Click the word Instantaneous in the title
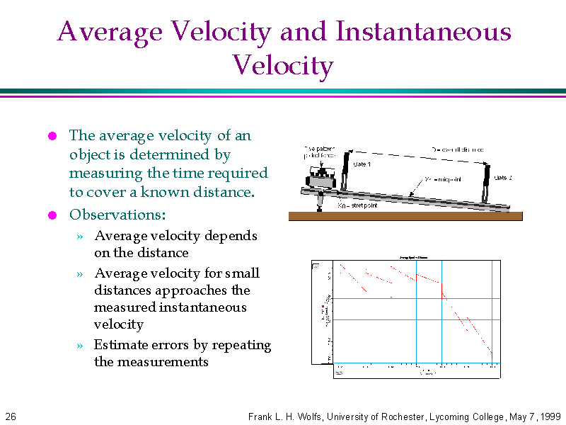(422, 32)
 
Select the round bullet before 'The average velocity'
(52, 136)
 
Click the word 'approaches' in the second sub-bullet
(187, 290)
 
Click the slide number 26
(10, 416)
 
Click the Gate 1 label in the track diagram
(362, 164)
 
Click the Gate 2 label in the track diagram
(503, 177)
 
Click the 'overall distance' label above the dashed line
(458, 149)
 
